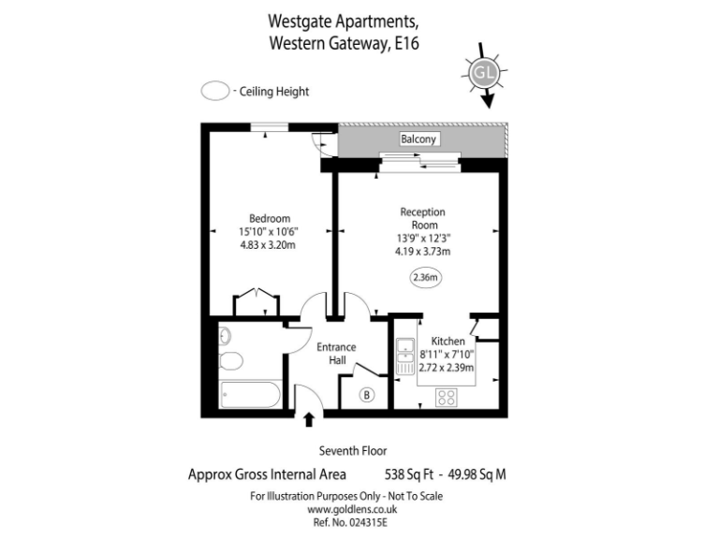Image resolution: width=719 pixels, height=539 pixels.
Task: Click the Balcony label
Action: (x=419, y=140)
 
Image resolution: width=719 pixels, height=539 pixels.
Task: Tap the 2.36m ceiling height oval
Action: (x=425, y=277)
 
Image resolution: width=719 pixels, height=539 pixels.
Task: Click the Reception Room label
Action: (x=423, y=218)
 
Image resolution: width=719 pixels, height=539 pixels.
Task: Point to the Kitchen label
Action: (x=448, y=342)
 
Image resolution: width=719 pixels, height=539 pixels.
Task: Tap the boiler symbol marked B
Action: (x=366, y=395)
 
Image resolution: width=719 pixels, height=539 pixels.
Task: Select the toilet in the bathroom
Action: (x=230, y=361)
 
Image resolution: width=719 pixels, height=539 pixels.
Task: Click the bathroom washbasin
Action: (x=225, y=336)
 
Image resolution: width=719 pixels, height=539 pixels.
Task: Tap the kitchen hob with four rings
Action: (x=447, y=395)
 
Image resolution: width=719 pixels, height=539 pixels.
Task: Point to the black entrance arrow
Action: (x=309, y=421)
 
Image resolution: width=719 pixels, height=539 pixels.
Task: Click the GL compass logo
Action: (x=484, y=72)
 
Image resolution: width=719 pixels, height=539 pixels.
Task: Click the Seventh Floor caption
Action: (x=353, y=450)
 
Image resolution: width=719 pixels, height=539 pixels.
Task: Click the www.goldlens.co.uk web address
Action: (x=353, y=509)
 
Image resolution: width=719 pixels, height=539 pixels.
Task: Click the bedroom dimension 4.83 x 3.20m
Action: (x=269, y=246)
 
